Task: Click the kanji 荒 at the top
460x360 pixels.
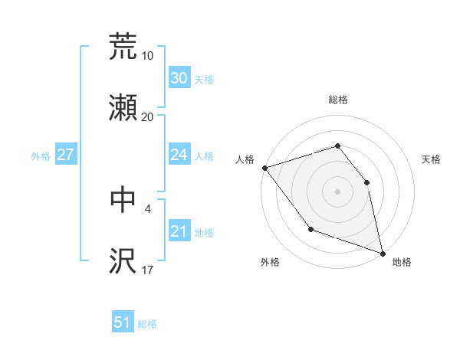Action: (x=123, y=47)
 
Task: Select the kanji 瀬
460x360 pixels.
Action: (x=123, y=109)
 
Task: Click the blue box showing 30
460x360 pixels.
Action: (x=179, y=78)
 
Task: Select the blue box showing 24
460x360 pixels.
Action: (x=179, y=155)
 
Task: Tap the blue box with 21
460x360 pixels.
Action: (x=179, y=231)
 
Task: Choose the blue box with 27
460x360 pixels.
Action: (x=65, y=155)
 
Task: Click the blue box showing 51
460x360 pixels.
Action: (x=123, y=323)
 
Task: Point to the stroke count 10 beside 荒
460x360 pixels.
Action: (x=148, y=56)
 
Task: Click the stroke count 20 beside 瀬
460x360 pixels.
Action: (x=148, y=117)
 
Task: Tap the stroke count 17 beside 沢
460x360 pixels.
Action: (x=148, y=270)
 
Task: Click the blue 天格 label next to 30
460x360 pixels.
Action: (x=204, y=79)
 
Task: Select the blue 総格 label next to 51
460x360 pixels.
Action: (x=148, y=324)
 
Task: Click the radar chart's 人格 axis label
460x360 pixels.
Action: (x=245, y=159)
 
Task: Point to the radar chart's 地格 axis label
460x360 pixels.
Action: (x=402, y=262)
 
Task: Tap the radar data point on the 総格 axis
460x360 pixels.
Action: (x=337, y=146)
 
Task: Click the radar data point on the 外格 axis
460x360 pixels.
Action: (x=310, y=229)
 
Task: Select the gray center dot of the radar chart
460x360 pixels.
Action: (x=337, y=191)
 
